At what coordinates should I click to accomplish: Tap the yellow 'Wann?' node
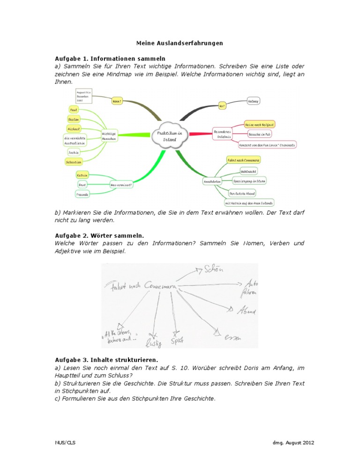tap(117, 100)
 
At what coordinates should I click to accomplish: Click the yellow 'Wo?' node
tap(222, 106)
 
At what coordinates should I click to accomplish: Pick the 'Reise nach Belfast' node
tap(260, 124)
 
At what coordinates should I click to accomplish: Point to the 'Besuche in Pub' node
tap(261, 135)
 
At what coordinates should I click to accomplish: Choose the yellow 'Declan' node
tap(74, 119)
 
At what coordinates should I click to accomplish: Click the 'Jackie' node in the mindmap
tap(73, 152)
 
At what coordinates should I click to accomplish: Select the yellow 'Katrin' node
tap(82, 175)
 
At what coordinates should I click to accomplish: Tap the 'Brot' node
tap(82, 185)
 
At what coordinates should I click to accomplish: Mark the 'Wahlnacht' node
tap(247, 171)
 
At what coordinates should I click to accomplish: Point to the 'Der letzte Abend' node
tap(242, 193)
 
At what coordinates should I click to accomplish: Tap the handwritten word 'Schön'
tap(213, 269)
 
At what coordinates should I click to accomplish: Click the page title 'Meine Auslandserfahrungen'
tap(180, 43)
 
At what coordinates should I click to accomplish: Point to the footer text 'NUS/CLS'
tap(63, 442)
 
